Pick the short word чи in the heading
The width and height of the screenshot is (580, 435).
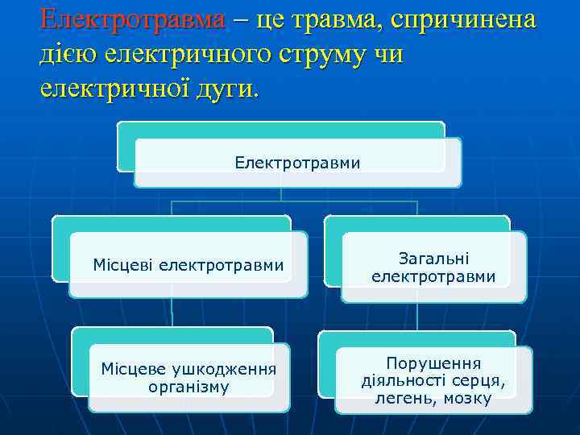pyautogui.click(x=389, y=54)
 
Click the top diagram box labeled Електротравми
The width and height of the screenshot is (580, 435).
pyautogui.click(x=297, y=163)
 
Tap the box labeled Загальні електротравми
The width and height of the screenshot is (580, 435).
pyautogui.click(x=433, y=267)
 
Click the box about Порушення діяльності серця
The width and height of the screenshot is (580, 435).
pyautogui.click(x=433, y=379)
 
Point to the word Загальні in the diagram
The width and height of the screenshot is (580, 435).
pyautogui.click(x=433, y=258)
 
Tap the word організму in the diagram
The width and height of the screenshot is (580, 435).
pyautogui.click(x=188, y=387)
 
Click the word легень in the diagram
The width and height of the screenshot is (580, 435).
pyautogui.click(x=401, y=398)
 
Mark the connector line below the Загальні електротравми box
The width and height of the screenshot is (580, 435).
pyautogui.click(x=416, y=317)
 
